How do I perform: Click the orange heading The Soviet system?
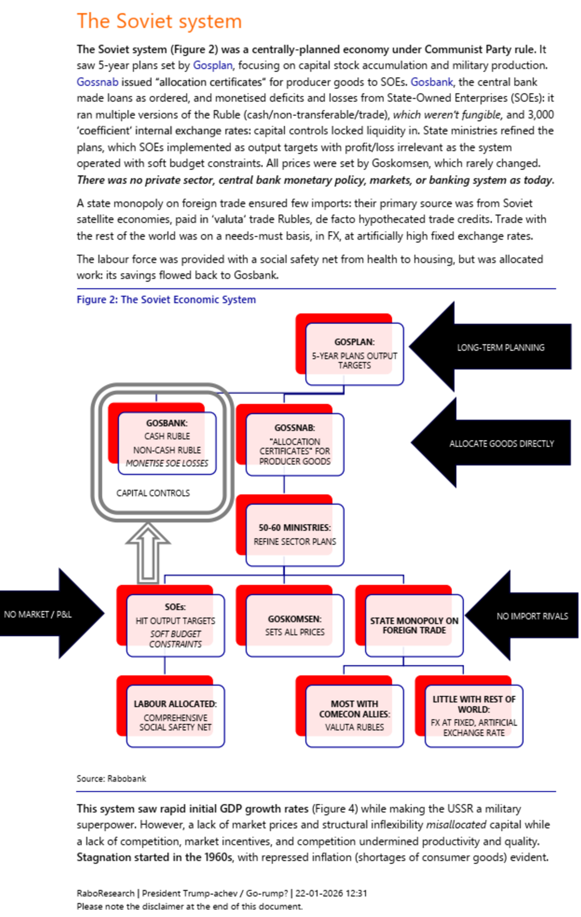[159, 21]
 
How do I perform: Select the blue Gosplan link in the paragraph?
[213, 65]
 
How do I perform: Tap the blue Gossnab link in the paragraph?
[97, 82]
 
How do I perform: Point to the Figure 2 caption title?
[166, 300]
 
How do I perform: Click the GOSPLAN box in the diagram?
[354, 354]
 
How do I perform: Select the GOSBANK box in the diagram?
[167, 443]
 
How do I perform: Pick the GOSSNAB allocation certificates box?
[295, 444]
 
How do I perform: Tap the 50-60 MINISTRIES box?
[295, 535]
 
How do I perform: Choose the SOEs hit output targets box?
[175, 625]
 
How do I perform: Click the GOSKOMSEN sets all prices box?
[295, 625]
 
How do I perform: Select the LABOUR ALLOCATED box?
[175, 716]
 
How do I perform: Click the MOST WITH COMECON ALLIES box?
[354, 716]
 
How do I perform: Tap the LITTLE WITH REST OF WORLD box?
[474, 716]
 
